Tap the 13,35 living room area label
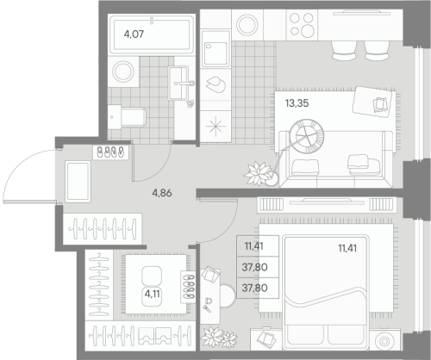296,102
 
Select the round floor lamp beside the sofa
308,134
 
